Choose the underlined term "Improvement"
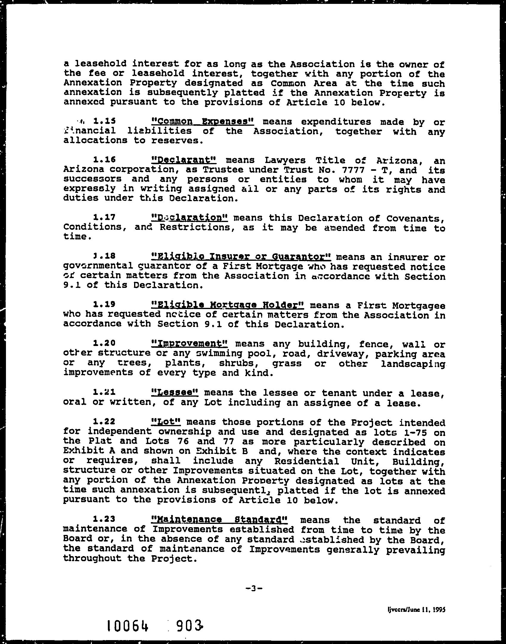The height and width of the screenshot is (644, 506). point(190,344)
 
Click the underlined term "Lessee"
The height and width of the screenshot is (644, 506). point(175,392)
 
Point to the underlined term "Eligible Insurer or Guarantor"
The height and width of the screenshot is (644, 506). point(241,257)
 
